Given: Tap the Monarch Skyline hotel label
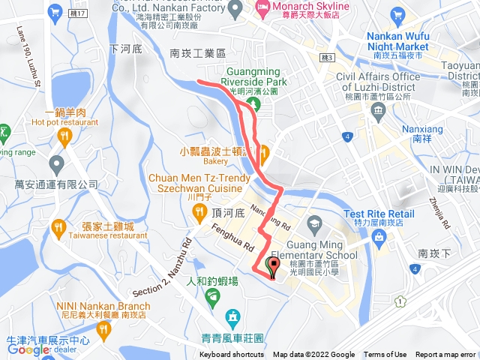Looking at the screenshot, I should point(297,5).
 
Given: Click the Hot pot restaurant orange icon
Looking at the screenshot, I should point(64,136).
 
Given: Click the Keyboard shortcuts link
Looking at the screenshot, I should point(232,355).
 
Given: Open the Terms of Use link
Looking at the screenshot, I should point(385,355).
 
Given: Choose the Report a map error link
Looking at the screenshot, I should point(445,355).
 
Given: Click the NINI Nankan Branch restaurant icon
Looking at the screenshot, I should point(103,328).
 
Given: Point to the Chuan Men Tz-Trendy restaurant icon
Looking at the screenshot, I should point(200,213).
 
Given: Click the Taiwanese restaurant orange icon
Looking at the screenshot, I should point(58,225).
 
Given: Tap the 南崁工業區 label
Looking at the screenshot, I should point(198,53).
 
